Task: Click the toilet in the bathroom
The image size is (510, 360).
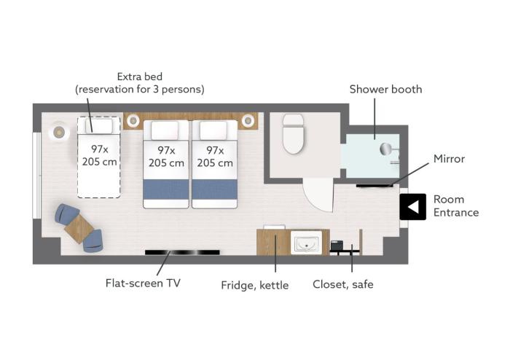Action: [x=293, y=133]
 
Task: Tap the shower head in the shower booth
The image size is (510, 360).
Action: [x=386, y=149]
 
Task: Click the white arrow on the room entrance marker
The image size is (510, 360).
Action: [x=413, y=207]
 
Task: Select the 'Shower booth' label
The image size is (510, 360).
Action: [x=385, y=89]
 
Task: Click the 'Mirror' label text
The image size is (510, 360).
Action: [x=449, y=159]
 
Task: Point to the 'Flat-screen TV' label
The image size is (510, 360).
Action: [x=143, y=283]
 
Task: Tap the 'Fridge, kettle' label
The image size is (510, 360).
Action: [x=255, y=285]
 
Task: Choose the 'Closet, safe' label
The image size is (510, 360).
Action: [x=343, y=284]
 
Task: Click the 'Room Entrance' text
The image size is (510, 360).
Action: [x=456, y=206]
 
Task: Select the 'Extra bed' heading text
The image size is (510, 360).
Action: [x=140, y=77]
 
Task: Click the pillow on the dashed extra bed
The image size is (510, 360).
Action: [x=99, y=125]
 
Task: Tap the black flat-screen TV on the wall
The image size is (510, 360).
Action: [x=182, y=252]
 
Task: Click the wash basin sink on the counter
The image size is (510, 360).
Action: [x=306, y=243]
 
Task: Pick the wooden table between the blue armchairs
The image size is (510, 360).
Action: [x=79, y=229]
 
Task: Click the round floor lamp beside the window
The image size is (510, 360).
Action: [x=59, y=132]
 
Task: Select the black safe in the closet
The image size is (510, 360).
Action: [x=337, y=245]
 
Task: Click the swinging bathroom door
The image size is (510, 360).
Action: [x=318, y=195]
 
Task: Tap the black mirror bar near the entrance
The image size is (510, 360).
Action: [x=374, y=186]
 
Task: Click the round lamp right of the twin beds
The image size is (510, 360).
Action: [x=248, y=121]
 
